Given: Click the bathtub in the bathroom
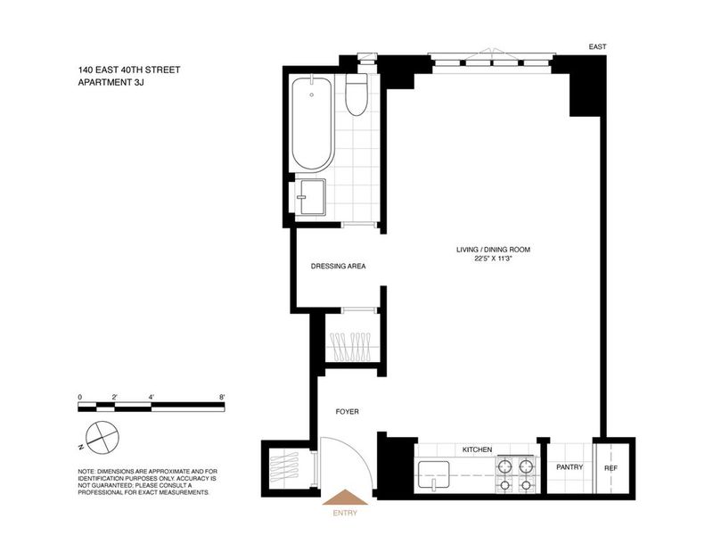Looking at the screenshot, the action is coord(313,125).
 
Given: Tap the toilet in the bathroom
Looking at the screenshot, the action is coord(356,95).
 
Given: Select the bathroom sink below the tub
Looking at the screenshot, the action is coord(312,196).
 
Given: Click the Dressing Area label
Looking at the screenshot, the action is coord(338,267).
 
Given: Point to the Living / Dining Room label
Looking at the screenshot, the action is coord(494,250).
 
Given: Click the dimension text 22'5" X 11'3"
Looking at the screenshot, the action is coord(494,259).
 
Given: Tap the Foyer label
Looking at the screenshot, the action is coord(347,411).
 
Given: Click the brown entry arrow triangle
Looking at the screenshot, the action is coord(345,497).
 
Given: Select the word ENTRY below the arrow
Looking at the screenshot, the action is coord(345,513).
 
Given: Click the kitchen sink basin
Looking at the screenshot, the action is coord(434,475).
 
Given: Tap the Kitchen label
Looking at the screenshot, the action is coord(477,449).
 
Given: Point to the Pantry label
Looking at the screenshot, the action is coord(570,467).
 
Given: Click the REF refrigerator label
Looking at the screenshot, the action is coord(611,468).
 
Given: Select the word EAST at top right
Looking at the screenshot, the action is coord(597,46).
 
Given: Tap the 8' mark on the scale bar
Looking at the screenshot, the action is coord(222,397).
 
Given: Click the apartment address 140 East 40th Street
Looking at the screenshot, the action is coord(129,70).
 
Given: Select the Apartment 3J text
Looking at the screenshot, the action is coord(111,82).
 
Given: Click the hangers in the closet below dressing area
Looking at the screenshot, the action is coord(351,346).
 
